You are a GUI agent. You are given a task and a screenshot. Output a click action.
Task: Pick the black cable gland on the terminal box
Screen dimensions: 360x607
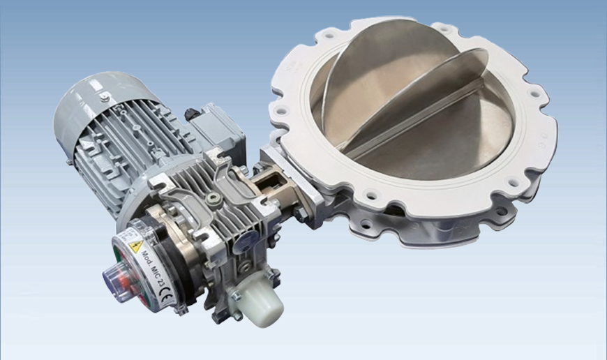pyautogui.click(x=190, y=112)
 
